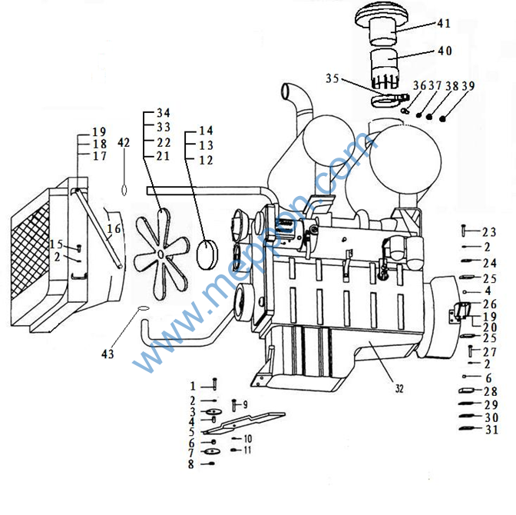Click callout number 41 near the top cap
445,24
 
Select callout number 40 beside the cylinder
445,51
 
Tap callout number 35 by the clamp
332,78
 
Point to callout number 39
468,86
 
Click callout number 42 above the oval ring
124,143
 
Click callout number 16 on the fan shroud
114,228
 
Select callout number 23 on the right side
489,231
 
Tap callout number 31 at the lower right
491,429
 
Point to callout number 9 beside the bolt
244,404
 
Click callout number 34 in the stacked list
163,113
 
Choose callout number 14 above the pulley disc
206,131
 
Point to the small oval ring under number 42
124,188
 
